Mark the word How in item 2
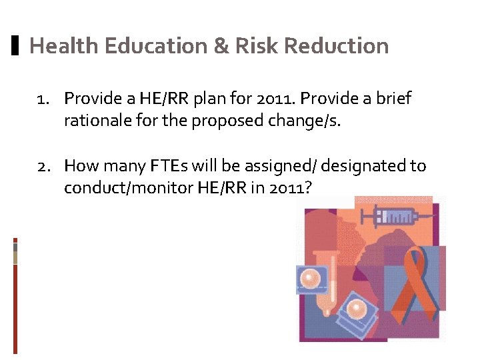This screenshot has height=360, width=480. pyautogui.click(x=79, y=165)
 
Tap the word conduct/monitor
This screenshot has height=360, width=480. pyautogui.click(x=129, y=188)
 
